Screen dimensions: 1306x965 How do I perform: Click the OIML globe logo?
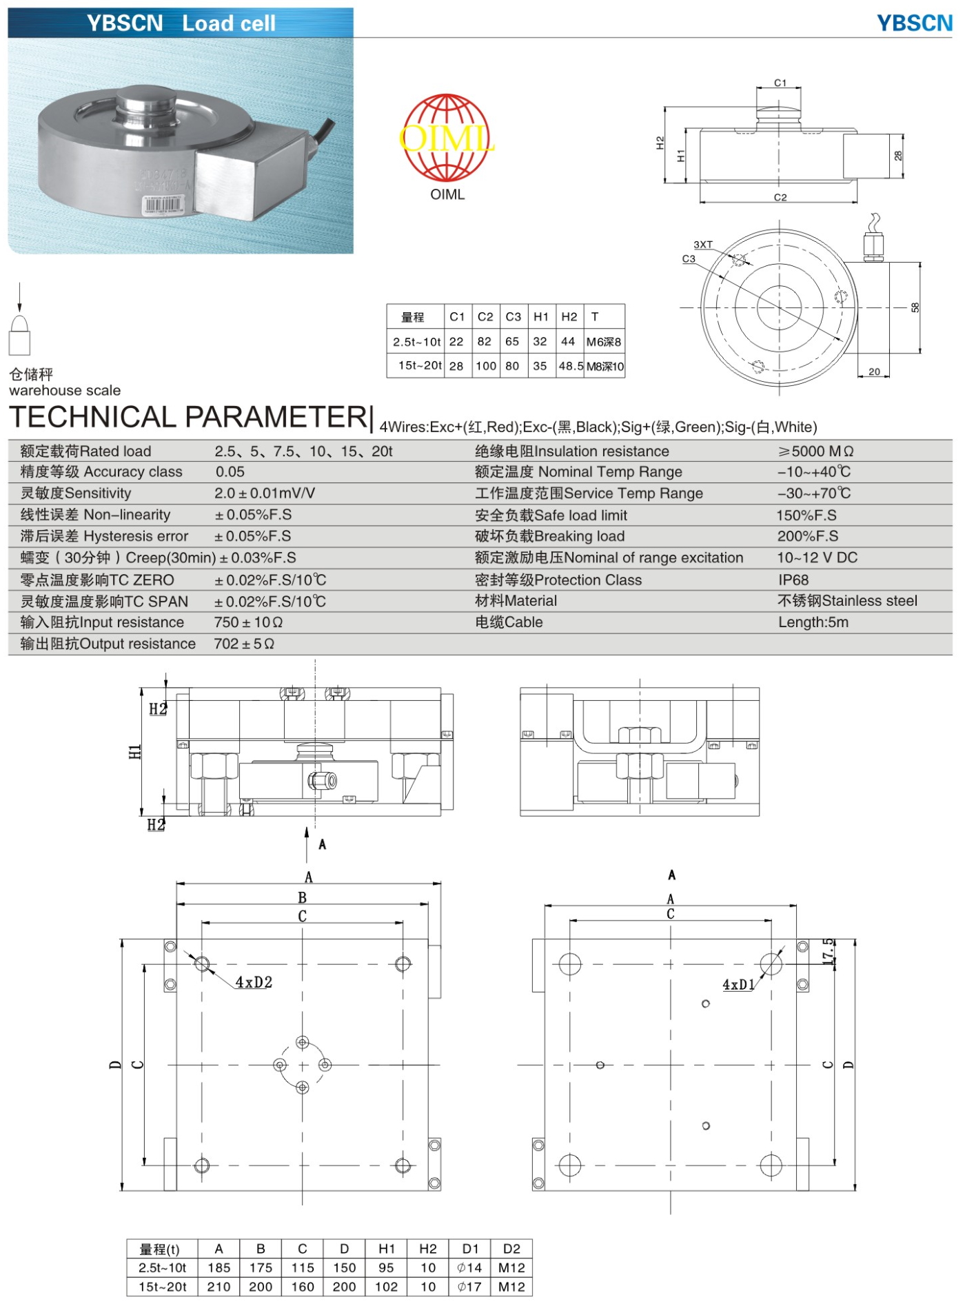click(447, 138)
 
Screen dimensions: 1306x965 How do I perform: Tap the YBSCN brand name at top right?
click(914, 23)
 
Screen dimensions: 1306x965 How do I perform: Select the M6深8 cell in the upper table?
click(604, 342)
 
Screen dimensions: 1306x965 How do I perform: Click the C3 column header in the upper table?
click(513, 317)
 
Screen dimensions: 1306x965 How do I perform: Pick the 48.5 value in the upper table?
click(571, 366)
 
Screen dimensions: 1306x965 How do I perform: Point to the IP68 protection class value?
click(793, 580)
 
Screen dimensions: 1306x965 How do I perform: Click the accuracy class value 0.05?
click(230, 472)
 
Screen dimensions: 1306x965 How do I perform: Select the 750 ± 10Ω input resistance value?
click(248, 622)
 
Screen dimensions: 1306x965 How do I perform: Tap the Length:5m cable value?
click(813, 622)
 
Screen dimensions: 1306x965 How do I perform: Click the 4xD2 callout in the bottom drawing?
click(254, 982)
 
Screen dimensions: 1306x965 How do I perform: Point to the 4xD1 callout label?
click(738, 985)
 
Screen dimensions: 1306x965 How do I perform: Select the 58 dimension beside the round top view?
click(915, 307)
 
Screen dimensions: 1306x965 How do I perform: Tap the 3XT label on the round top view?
click(703, 245)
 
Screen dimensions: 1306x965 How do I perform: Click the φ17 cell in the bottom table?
click(469, 1287)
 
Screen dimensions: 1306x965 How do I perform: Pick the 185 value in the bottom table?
click(219, 1267)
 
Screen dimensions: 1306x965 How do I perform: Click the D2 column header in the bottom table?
click(511, 1249)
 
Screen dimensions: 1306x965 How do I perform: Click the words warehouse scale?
click(65, 391)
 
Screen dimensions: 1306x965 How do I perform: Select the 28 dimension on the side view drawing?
click(897, 156)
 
